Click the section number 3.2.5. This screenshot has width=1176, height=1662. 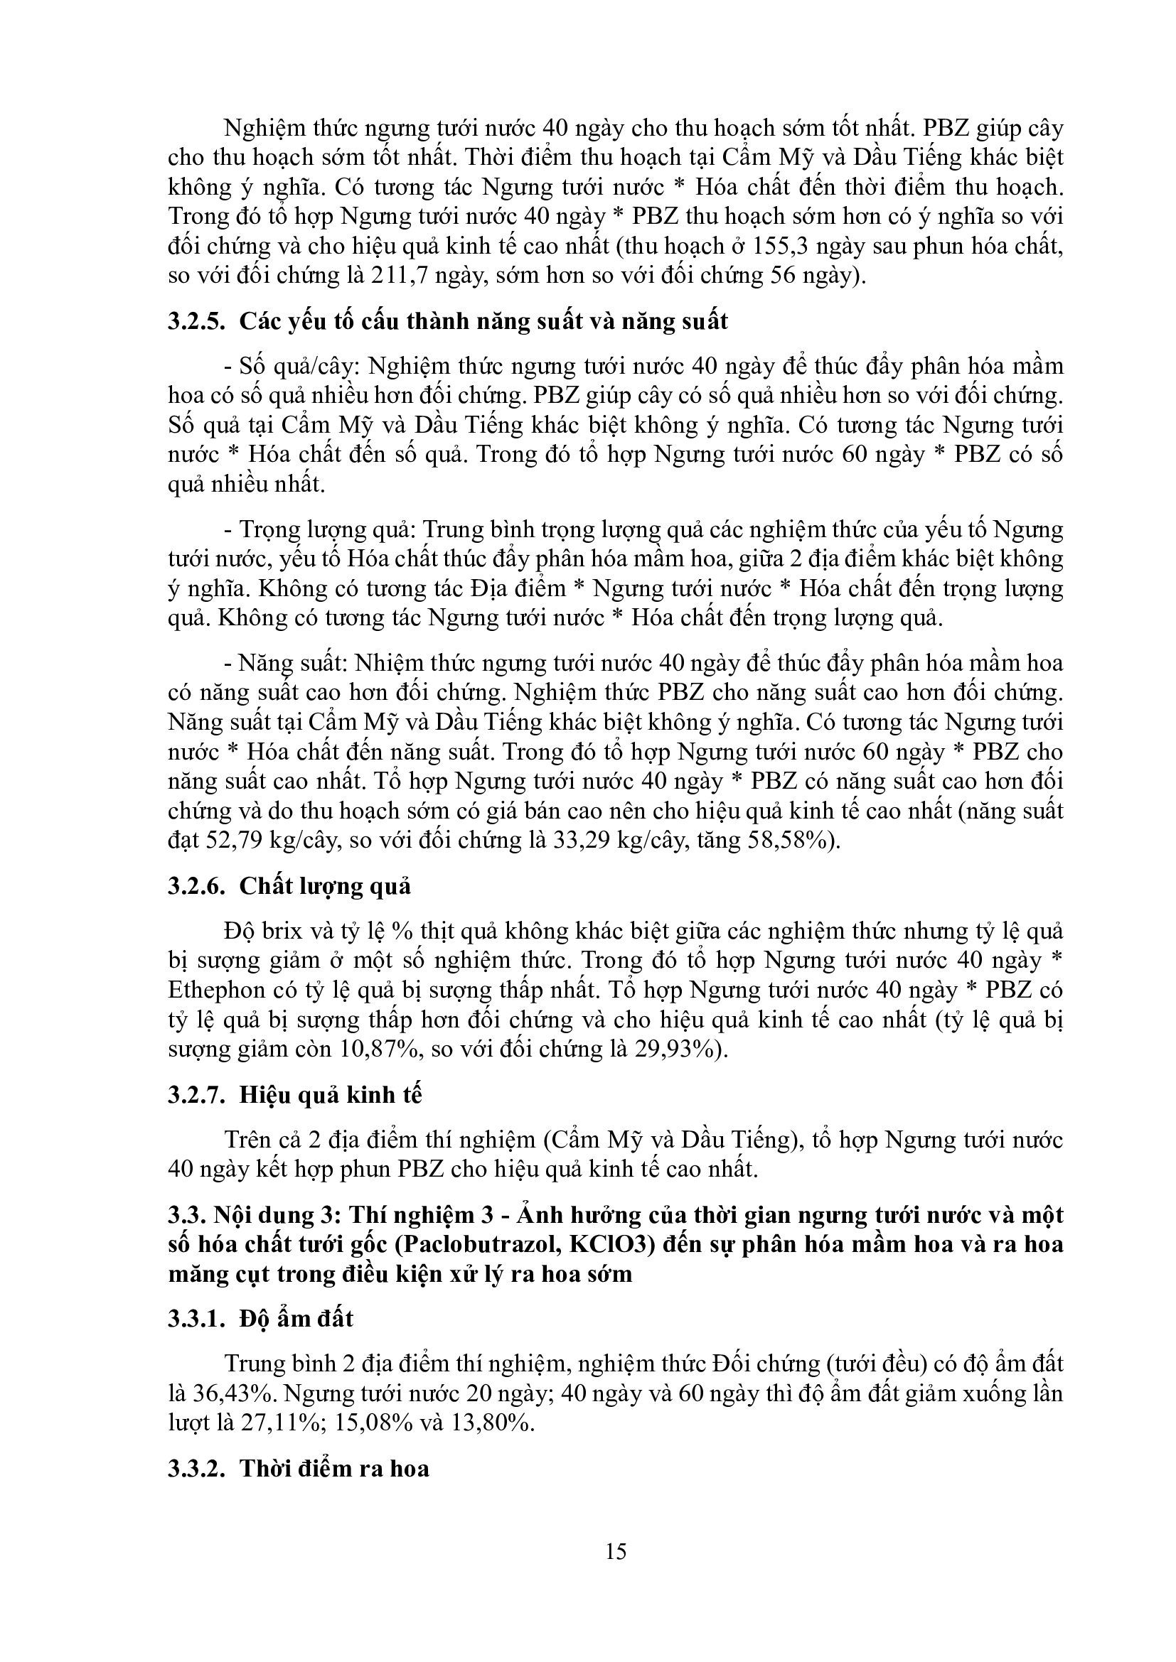pyautogui.click(x=196, y=321)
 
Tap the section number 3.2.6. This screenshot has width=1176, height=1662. pyautogui.click(x=196, y=885)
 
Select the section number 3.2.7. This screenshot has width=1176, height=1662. pyautogui.click(x=196, y=1094)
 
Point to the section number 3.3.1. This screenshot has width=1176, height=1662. pyautogui.click(x=196, y=1318)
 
